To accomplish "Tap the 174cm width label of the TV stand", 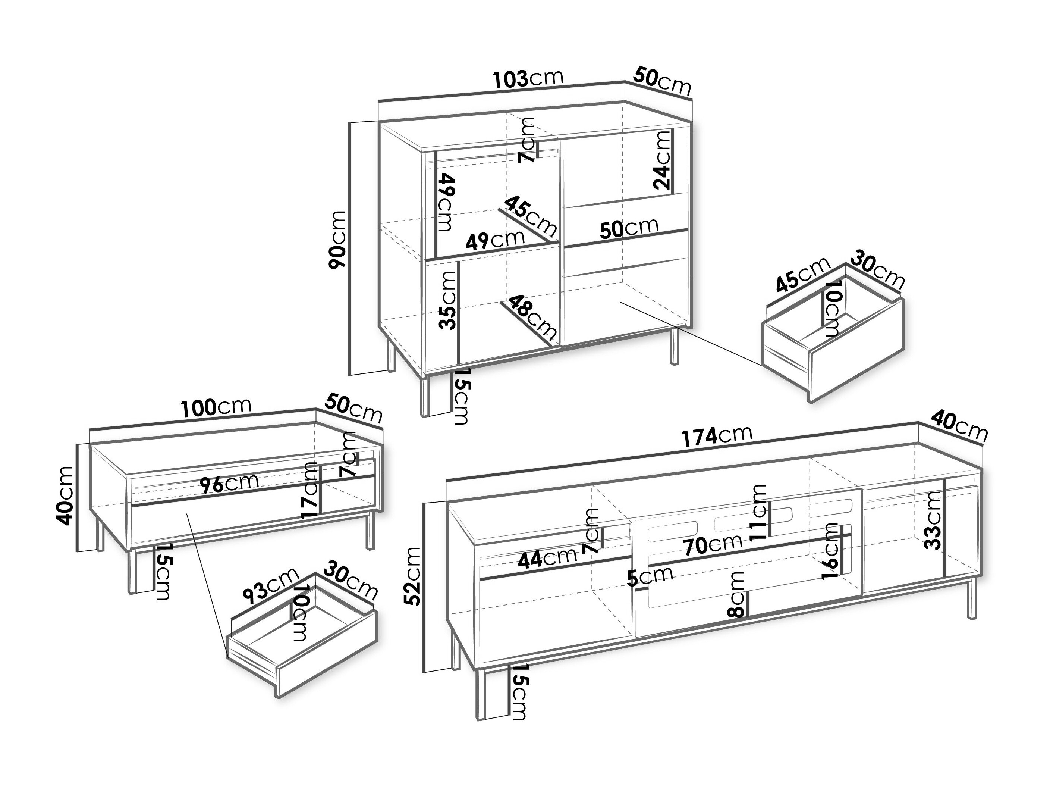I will pyautogui.click(x=717, y=435).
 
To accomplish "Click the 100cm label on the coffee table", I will pyautogui.click(x=216, y=407).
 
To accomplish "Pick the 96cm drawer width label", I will pyautogui.click(x=229, y=484).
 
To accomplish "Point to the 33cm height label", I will pyautogui.click(x=933, y=520).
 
